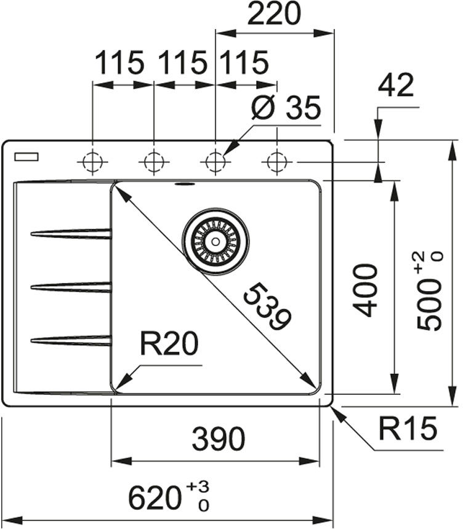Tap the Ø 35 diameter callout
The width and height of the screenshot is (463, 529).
click(x=287, y=109)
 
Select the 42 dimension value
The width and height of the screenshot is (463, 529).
click(x=396, y=87)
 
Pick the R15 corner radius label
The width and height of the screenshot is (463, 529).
click(x=408, y=429)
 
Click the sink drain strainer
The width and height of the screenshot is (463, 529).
click(x=215, y=242)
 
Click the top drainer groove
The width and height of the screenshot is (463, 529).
click(x=71, y=233)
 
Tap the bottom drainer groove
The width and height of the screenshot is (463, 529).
click(x=71, y=340)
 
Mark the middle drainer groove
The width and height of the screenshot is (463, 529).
click(x=71, y=286)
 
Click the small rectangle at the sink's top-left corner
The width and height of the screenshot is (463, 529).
click(x=26, y=157)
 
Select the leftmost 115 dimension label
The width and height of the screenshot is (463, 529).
click(x=119, y=63)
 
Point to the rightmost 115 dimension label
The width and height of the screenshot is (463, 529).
click(x=244, y=63)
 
